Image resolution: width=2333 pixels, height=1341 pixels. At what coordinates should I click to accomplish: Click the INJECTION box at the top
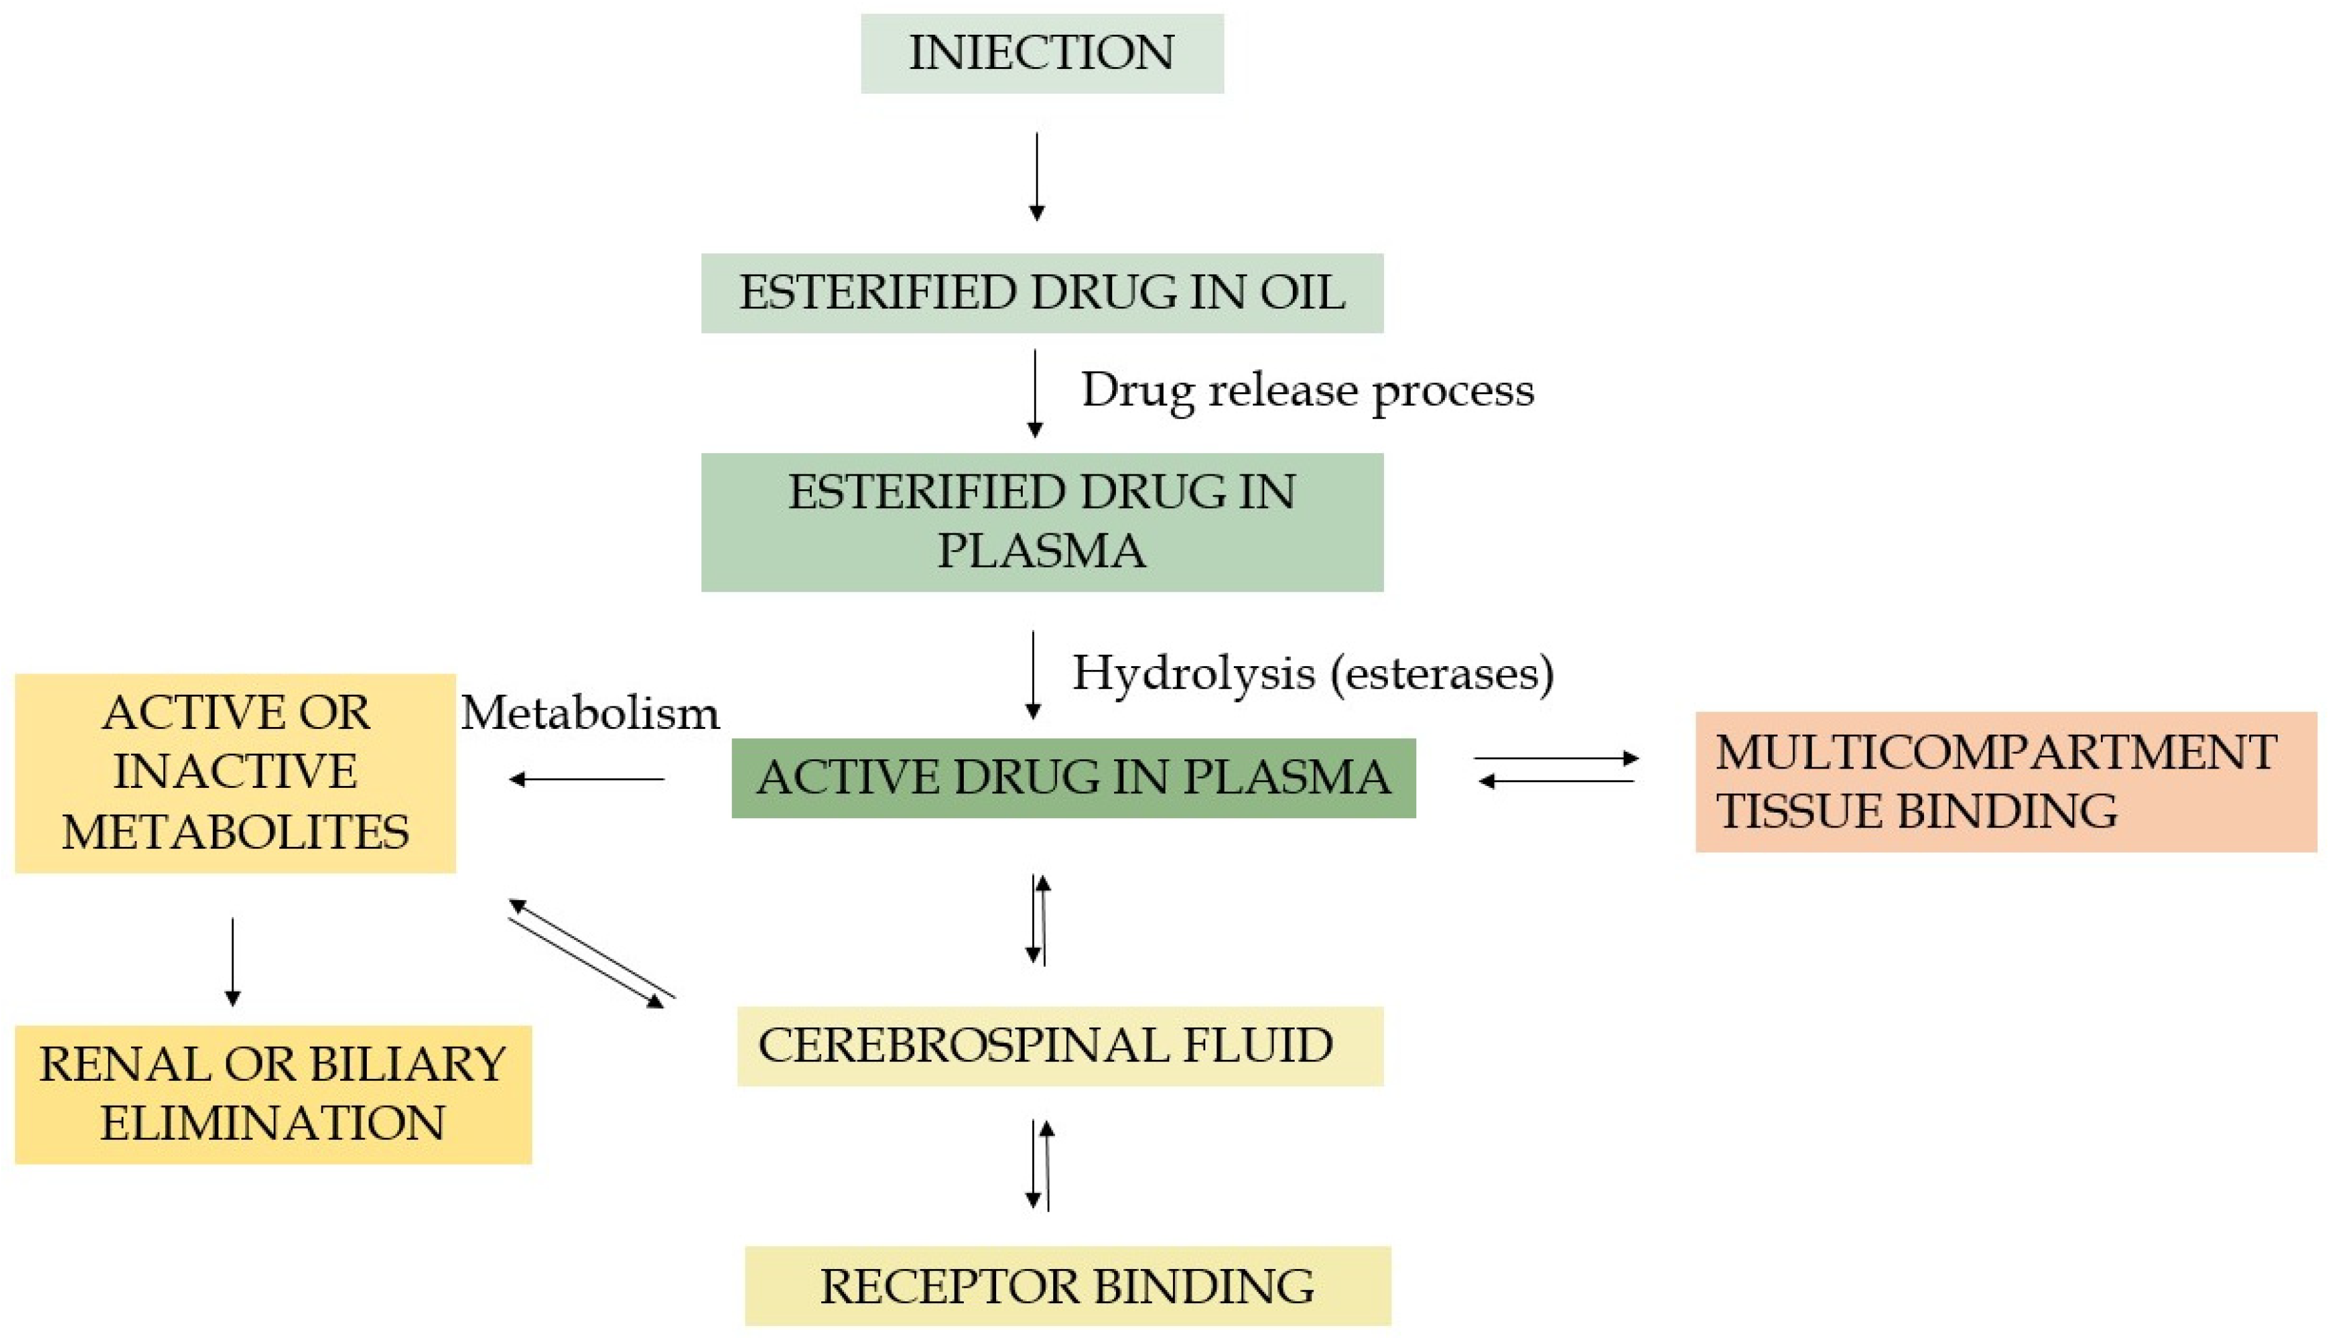tap(1041, 53)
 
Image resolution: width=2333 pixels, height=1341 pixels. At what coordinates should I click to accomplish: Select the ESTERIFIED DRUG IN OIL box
tap(1041, 293)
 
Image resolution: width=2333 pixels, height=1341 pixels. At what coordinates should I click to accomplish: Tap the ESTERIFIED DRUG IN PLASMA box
tap(1041, 521)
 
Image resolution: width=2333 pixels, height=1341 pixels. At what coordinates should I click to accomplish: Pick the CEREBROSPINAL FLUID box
tap(1059, 1045)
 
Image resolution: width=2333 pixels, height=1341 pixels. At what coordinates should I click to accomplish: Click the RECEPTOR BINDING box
tap(1067, 1286)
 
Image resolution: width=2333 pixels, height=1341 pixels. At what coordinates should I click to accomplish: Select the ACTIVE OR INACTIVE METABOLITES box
tap(235, 773)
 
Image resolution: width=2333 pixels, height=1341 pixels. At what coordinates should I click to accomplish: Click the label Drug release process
tap(1306, 390)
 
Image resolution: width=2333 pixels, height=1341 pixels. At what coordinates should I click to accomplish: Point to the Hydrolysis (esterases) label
tap(1312, 672)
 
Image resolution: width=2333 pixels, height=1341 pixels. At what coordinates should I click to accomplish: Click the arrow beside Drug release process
tap(1035, 392)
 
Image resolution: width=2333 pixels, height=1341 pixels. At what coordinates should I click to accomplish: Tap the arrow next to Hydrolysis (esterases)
tap(1033, 674)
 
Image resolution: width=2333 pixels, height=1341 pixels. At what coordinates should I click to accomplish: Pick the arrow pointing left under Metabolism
tap(587, 779)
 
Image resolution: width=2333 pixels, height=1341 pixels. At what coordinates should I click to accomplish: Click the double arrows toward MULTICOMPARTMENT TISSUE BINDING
tap(1556, 770)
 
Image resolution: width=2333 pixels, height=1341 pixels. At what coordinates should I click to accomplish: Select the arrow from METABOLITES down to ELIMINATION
tap(232, 960)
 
